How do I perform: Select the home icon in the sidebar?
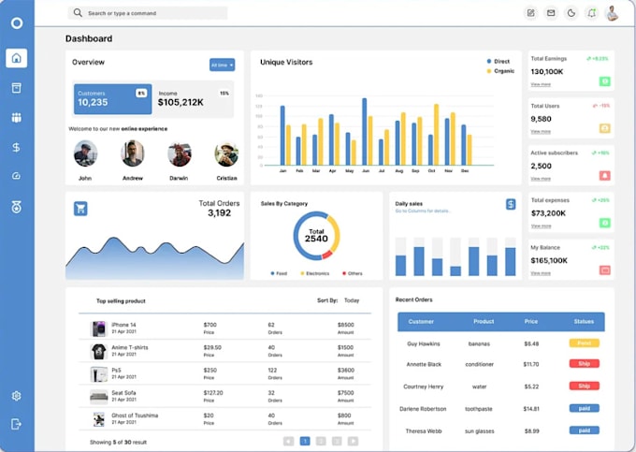tap(16, 58)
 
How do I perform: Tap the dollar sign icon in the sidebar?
tap(16, 147)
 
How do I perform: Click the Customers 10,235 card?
tap(112, 98)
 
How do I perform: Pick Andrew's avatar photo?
tap(133, 153)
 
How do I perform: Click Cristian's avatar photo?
tap(226, 153)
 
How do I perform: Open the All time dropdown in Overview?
tap(222, 65)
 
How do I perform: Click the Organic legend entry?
tap(503, 71)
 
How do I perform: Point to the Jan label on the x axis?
tap(282, 171)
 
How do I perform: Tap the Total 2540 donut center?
tap(317, 235)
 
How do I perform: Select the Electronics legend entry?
tap(316, 273)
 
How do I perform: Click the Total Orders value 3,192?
tap(219, 213)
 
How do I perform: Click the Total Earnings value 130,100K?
tap(547, 71)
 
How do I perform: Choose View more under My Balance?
tap(541, 273)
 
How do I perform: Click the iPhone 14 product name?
tap(123, 325)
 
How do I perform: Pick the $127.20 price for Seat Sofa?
tap(213, 392)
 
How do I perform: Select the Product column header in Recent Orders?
tap(484, 321)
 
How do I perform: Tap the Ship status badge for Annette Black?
tap(584, 364)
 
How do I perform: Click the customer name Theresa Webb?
tap(424, 430)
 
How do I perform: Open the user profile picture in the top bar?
tap(613, 13)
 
